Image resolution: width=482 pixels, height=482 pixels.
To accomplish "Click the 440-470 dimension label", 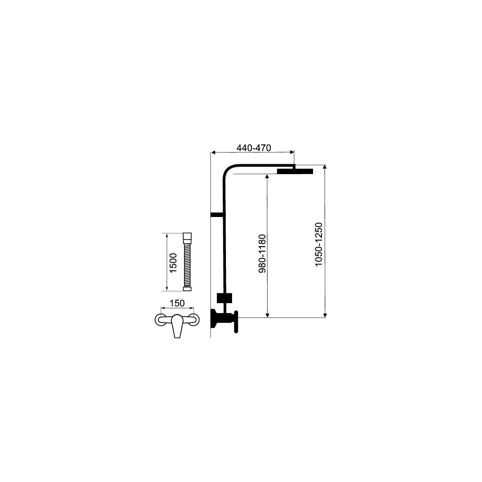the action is coord(253,148).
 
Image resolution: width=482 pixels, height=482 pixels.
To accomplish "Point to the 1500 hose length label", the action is coord(173,263).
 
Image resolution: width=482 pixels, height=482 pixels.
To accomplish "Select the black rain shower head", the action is coord(295,171).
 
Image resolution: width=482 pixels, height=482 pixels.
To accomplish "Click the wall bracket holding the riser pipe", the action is coord(217,215).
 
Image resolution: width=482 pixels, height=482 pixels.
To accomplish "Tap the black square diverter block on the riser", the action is coord(225,298).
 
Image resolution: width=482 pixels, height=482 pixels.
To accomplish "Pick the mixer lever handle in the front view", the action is coord(177,326).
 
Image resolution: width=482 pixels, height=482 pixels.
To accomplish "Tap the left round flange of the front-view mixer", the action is coord(160,320).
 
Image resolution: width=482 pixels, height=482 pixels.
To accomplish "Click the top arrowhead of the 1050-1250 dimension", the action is coord(325,167).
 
